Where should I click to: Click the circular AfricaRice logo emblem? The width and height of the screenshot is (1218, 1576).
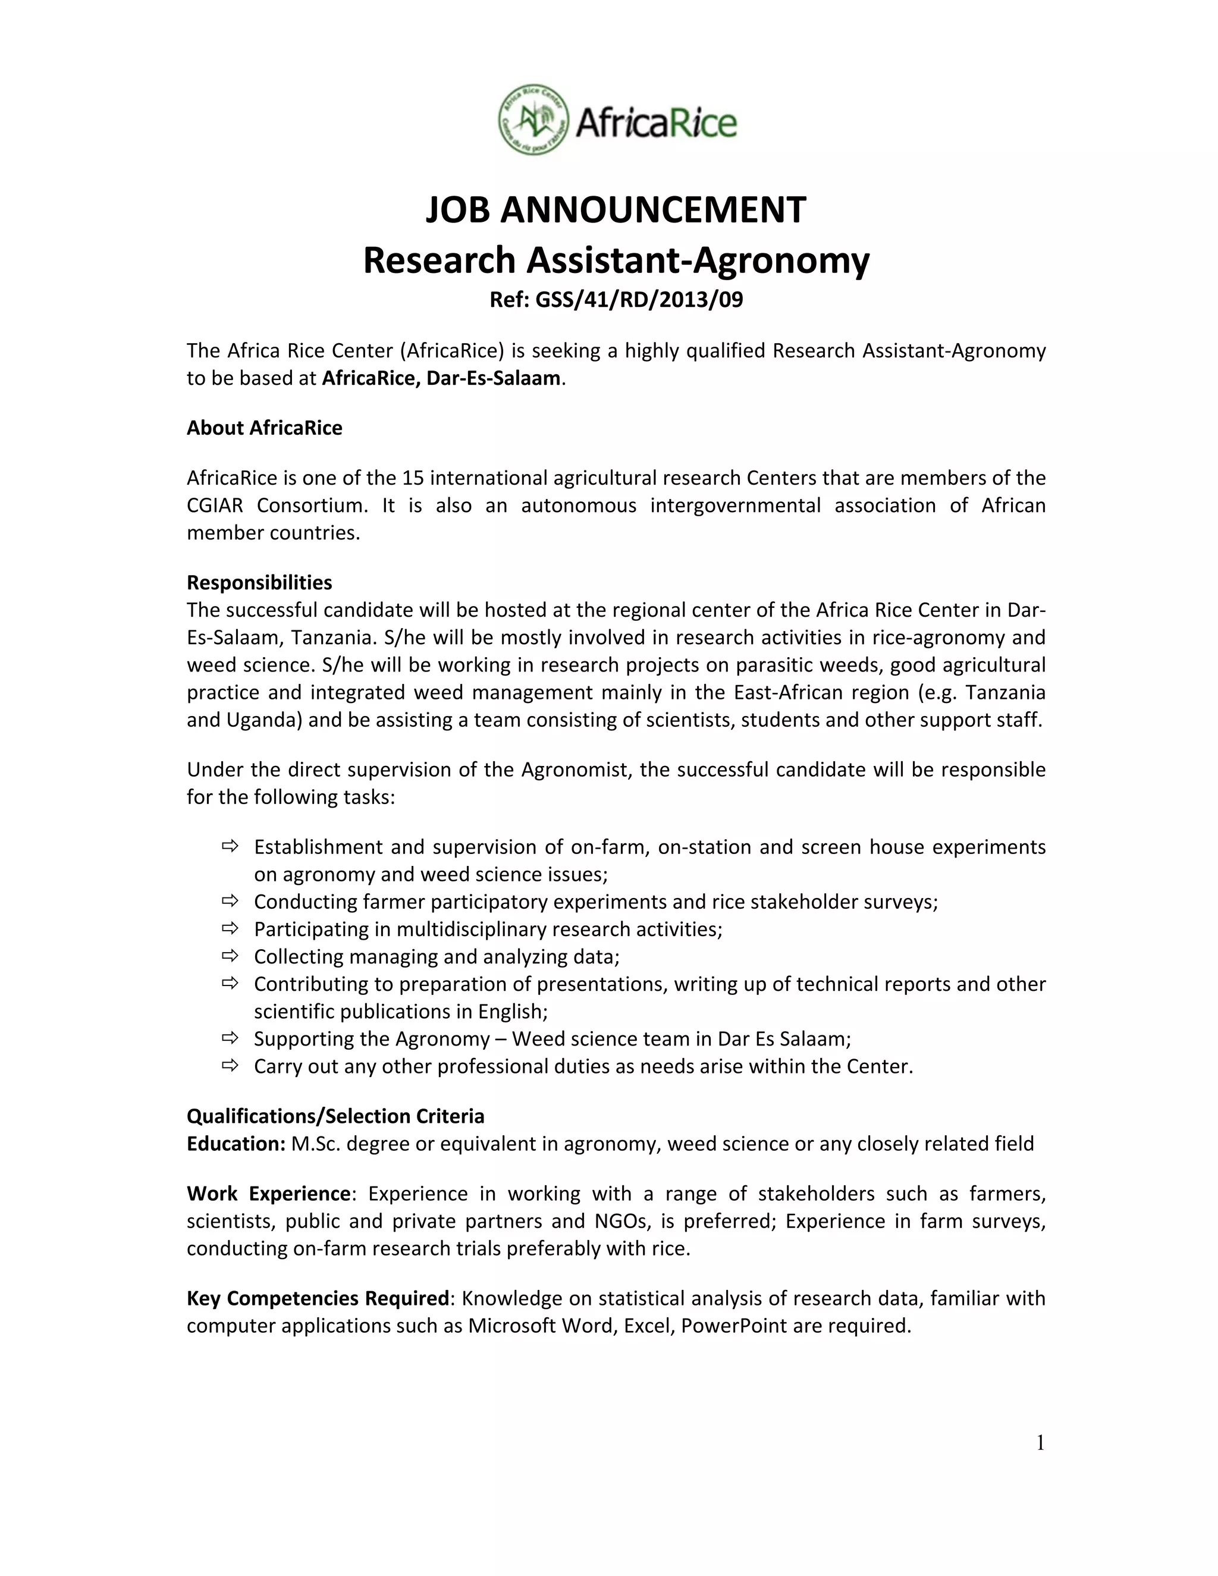click(x=533, y=119)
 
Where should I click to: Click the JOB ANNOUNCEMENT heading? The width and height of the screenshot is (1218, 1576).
click(x=616, y=210)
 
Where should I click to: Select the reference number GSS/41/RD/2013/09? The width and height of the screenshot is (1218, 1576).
click(x=639, y=300)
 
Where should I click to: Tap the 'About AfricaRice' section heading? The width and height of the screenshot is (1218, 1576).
click(x=264, y=428)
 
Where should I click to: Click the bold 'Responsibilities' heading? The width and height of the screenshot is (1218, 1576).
click(x=259, y=582)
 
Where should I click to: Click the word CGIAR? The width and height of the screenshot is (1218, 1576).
click(x=214, y=505)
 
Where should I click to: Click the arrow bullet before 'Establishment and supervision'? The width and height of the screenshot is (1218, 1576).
click(x=230, y=846)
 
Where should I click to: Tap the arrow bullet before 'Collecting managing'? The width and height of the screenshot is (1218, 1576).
click(x=230, y=956)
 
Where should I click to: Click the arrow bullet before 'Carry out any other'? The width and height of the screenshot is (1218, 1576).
click(x=230, y=1065)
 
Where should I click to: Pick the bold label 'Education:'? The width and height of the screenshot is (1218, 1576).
click(x=237, y=1144)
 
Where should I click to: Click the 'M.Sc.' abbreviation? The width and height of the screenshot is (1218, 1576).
click(x=315, y=1144)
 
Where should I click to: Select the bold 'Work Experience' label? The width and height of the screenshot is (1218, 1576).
click(x=268, y=1194)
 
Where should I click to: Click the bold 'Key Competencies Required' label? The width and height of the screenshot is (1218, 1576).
click(x=318, y=1298)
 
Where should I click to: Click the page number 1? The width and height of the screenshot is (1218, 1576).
click(x=1040, y=1443)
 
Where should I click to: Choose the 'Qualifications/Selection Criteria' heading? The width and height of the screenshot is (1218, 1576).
click(x=335, y=1116)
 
